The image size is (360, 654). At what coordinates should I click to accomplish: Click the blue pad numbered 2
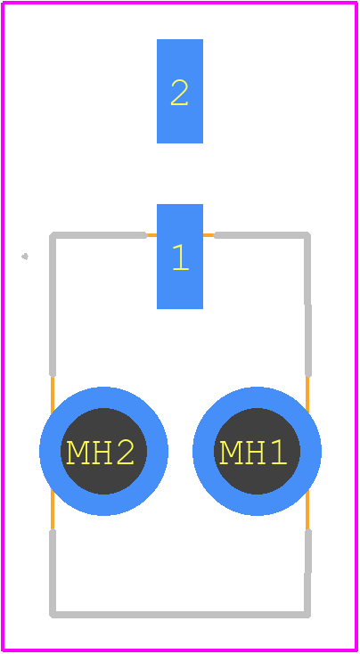coord(180,91)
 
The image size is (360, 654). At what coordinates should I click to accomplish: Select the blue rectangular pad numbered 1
coord(180,256)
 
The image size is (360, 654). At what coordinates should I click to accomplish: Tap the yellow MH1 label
coord(253,453)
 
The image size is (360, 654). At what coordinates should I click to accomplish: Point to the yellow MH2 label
coord(100,453)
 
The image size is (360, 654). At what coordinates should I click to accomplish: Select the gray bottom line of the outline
coord(180,615)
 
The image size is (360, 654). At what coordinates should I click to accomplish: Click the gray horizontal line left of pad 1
coord(100,235)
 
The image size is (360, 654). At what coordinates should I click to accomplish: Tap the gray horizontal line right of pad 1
coord(262,235)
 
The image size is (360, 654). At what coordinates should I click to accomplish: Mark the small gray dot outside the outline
coord(25,256)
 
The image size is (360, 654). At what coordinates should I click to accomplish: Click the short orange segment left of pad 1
coord(151,235)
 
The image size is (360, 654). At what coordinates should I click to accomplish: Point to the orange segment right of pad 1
coord(209,235)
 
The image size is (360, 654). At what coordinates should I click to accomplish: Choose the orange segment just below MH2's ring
coord(53,509)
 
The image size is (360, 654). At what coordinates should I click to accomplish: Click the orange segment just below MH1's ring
coord(307,510)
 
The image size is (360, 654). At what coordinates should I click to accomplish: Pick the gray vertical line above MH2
coord(53,306)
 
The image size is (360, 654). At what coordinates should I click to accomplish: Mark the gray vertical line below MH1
coord(307,574)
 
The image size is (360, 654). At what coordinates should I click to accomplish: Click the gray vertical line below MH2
coord(53,574)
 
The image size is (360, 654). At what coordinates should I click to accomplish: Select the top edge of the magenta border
coord(180,3)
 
